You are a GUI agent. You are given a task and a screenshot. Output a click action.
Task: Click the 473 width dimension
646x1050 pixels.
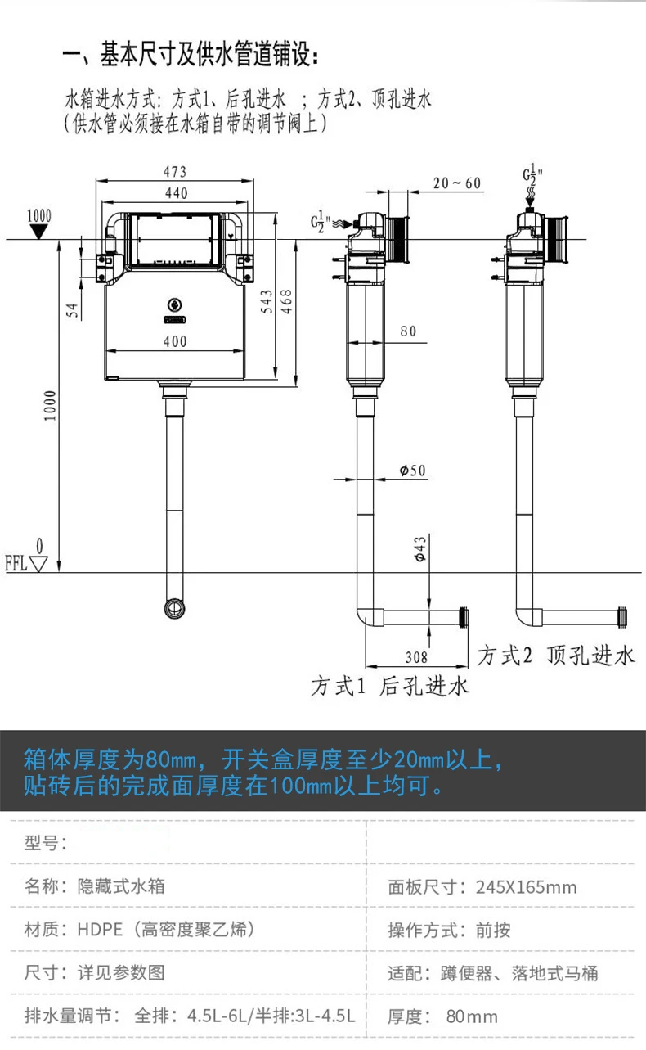[174, 172]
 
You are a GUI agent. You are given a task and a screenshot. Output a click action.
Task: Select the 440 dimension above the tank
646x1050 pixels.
[175, 193]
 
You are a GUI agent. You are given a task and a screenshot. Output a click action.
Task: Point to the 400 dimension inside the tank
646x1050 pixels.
[175, 341]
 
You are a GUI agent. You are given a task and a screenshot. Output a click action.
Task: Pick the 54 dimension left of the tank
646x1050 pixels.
[72, 309]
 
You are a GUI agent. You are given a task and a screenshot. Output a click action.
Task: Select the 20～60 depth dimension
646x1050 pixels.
[457, 183]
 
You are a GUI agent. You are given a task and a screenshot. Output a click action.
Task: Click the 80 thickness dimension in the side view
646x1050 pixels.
[408, 331]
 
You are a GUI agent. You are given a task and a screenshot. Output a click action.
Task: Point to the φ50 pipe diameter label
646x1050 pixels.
[413, 471]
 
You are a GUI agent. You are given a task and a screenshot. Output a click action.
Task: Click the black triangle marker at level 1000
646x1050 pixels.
[38, 231]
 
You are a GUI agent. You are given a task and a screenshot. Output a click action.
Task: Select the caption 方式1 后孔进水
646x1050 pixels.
[390, 686]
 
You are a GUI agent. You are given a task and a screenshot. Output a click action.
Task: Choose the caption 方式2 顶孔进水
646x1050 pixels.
[556, 656]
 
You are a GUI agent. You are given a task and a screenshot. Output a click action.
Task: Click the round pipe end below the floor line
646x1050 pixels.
[175, 608]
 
